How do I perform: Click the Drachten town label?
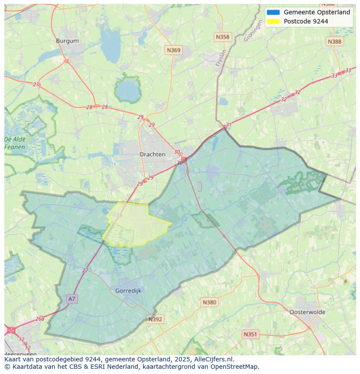(x=152, y=154)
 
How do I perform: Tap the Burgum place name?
(x=67, y=41)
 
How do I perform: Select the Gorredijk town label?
(x=128, y=291)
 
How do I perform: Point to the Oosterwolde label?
(x=307, y=312)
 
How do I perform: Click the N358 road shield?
(x=223, y=37)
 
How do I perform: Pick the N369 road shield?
(x=173, y=50)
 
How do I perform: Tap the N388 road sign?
(x=334, y=41)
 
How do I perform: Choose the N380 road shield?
(x=209, y=302)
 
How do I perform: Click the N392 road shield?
(x=155, y=319)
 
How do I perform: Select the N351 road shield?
(x=250, y=334)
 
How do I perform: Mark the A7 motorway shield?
(x=72, y=299)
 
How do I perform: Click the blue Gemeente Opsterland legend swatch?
(x=273, y=13)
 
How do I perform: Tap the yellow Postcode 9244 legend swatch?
(x=273, y=21)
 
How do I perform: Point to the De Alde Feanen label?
(x=15, y=143)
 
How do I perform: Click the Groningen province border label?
(x=253, y=32)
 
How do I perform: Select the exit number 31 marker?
(x=229, y=125)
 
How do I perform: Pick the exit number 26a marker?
(x=40, y=318)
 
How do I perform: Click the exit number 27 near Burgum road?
(x=36, y=84)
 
